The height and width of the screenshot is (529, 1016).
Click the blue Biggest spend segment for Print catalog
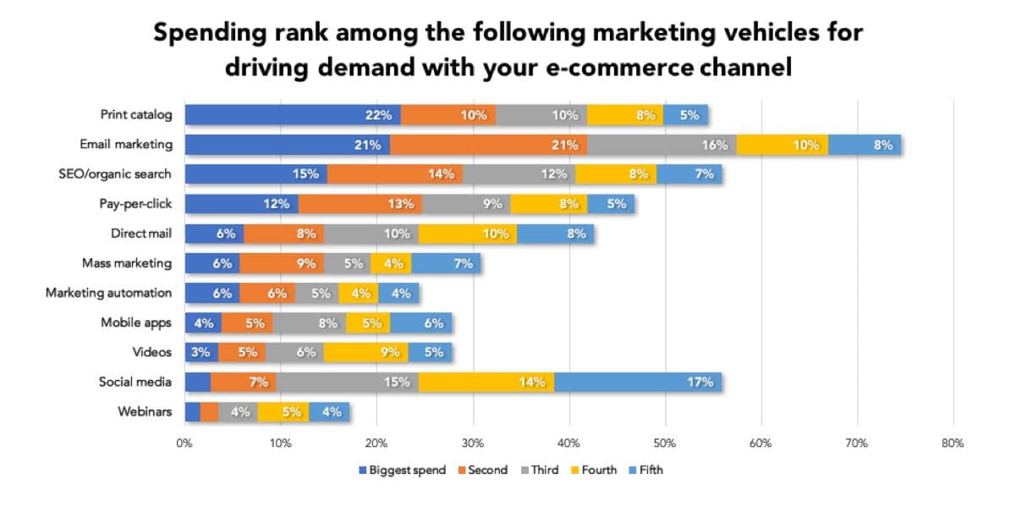293,115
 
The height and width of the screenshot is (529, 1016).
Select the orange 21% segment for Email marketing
488,145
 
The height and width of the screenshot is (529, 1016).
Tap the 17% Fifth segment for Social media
637,382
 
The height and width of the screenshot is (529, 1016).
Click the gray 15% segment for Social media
347,382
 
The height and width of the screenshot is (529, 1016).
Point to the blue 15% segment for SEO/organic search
256,174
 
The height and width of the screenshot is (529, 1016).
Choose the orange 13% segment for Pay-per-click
360,204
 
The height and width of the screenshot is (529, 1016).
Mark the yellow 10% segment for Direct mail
467,234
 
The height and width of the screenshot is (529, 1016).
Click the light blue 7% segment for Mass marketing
446,263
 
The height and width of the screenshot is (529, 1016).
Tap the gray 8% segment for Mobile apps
310,322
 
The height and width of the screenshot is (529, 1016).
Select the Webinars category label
145,412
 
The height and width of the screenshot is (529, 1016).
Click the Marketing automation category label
108,293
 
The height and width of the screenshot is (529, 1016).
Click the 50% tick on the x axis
665,443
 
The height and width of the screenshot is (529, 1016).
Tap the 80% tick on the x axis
953,443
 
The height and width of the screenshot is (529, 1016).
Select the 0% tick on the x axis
184,443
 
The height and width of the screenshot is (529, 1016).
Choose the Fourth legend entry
598,471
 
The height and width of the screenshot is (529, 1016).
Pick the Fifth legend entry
649,471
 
